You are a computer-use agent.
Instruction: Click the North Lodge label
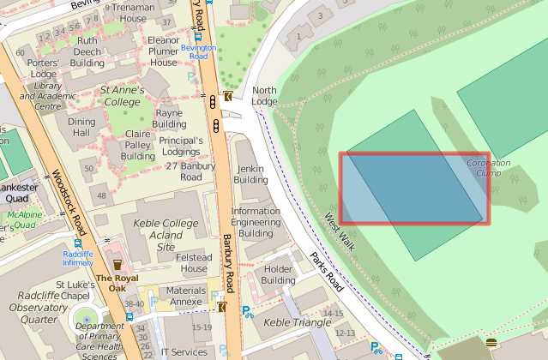264,96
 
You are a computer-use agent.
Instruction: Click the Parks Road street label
327,273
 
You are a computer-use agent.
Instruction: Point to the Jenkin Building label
251,175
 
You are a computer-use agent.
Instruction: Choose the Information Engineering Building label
256,222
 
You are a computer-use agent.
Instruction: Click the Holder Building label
278,274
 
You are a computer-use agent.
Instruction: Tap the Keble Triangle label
296,322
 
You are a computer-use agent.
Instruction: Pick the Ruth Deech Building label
87,51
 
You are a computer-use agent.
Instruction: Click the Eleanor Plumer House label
163,51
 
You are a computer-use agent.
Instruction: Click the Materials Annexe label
186,296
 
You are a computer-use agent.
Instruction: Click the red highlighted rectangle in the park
414,189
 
